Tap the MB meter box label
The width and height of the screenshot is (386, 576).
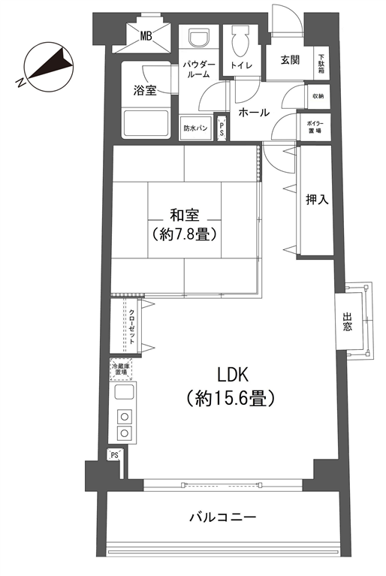click(x=146, y=35)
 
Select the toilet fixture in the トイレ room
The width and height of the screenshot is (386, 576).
click(x=240, y=42)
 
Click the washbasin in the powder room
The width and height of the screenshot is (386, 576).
click(x=199, y=38)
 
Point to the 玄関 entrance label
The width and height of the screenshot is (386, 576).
click(x=290, y=60)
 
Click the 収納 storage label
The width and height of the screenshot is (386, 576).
click(x=318, y=96)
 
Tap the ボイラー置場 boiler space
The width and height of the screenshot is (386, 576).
click(x=315, y=127)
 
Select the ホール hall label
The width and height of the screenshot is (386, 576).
click(x=254, y=113)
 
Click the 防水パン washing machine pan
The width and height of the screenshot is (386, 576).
click(x=195, y=128)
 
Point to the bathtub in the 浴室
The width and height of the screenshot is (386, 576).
click(x=146, y=123)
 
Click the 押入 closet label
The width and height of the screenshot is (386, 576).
click(x=317, y=200)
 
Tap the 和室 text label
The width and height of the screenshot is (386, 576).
click(x=185, y=215)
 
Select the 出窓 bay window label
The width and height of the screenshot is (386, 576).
click(x=347, y=321)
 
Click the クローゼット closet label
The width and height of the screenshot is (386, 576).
click(x=131, y=326)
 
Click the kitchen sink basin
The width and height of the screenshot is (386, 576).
click(x=123, y=392)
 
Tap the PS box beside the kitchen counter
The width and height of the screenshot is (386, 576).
click(x=115, y=455)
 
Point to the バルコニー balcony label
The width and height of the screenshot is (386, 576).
click(x=222, y=517)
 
